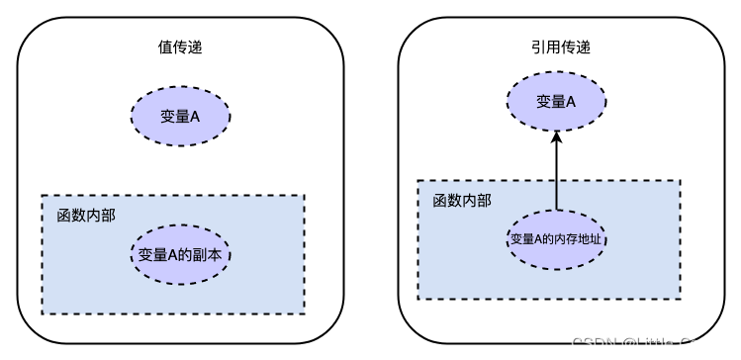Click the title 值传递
coord(180,46)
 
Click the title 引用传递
coord(557,46)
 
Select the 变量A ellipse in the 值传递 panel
coord(180,117)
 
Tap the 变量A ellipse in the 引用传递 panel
coord(557,101)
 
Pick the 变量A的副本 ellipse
coord(180,254)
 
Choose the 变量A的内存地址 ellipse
coord(557,239)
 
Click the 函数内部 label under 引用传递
coord(461,200)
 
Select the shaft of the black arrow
coord(557,178)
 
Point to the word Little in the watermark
coord(659,344)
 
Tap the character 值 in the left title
coord(164,46)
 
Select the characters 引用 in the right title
coord(542,46)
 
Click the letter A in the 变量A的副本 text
coord(172,254)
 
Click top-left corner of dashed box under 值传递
coord(42,196)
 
